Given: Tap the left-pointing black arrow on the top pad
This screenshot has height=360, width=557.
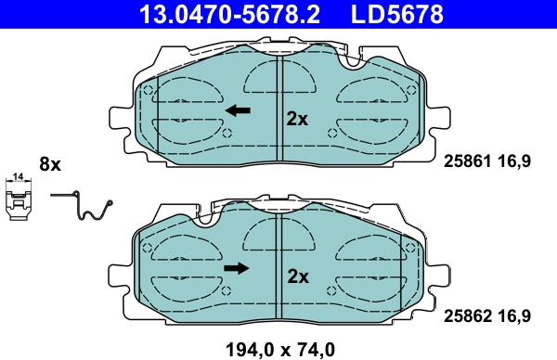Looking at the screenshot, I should [x=239, y=111].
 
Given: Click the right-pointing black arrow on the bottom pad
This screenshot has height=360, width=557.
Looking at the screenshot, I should [x=238, y=269].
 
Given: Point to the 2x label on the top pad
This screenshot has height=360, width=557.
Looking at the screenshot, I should [x=296, y=119].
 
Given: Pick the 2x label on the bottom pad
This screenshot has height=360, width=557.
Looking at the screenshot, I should [x=296, y=276].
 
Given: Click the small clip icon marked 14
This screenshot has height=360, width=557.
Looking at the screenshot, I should [x=18, y=199].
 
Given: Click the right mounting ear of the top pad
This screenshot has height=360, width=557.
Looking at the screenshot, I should [x=437, y=121].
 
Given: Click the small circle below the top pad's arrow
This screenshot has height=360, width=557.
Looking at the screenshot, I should [x=228, y=131].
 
